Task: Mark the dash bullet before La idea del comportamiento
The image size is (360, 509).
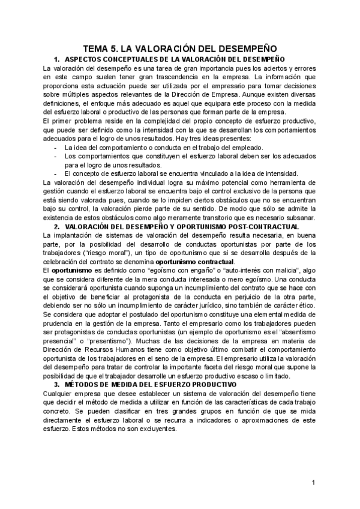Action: pyautogui.click(x=55, y=148)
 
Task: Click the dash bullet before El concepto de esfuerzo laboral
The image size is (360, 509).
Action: pyautogui.click(x=55, y=174)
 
